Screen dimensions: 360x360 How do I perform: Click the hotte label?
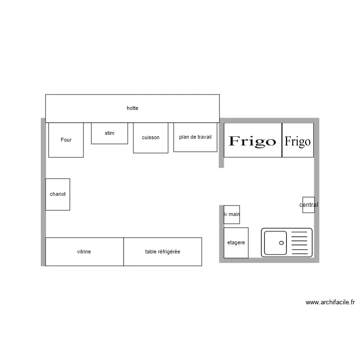tap(132, 108)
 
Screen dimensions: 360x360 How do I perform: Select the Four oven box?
tap(66, 140)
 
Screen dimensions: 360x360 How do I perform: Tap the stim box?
tap(109, 133)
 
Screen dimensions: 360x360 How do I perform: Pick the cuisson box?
tap(151, 138)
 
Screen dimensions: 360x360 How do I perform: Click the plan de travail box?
tap(195, 137)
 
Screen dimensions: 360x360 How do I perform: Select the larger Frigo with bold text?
tap(253, 140)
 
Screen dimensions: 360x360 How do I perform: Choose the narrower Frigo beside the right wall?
tap(298, 140)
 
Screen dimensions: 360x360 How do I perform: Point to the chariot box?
tap(58, 194)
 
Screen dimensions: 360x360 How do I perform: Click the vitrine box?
tap(84, 252)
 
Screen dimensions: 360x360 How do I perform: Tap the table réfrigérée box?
tap(163, 252)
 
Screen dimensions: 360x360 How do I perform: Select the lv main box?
tap(232, 215)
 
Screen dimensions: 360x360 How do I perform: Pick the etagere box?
tap(236, 243)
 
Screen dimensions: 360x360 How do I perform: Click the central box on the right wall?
tap(309, 205)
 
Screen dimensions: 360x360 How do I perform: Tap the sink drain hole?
tap(281, 243)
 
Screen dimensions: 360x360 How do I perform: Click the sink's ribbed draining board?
tap(300, 243)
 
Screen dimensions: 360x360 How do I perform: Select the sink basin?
tap(276, 243)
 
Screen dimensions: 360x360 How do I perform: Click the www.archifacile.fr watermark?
tap(330, 302)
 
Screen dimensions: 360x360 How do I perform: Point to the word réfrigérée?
tap(169, 252)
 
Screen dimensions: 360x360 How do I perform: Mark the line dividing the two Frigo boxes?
tap(282, 140)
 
